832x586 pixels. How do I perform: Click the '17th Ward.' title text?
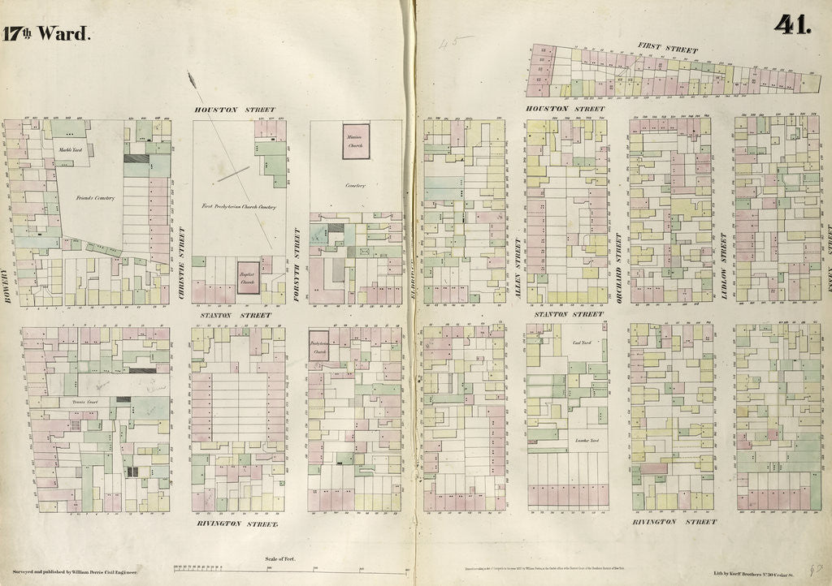coord(46,33)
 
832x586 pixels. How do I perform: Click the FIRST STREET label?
coord(667,50)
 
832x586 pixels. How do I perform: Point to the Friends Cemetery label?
coord(96,198)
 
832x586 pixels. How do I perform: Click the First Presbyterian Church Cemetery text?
coord(239,207)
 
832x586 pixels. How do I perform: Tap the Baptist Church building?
coord(248,274)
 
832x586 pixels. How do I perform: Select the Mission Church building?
coord(355,140)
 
